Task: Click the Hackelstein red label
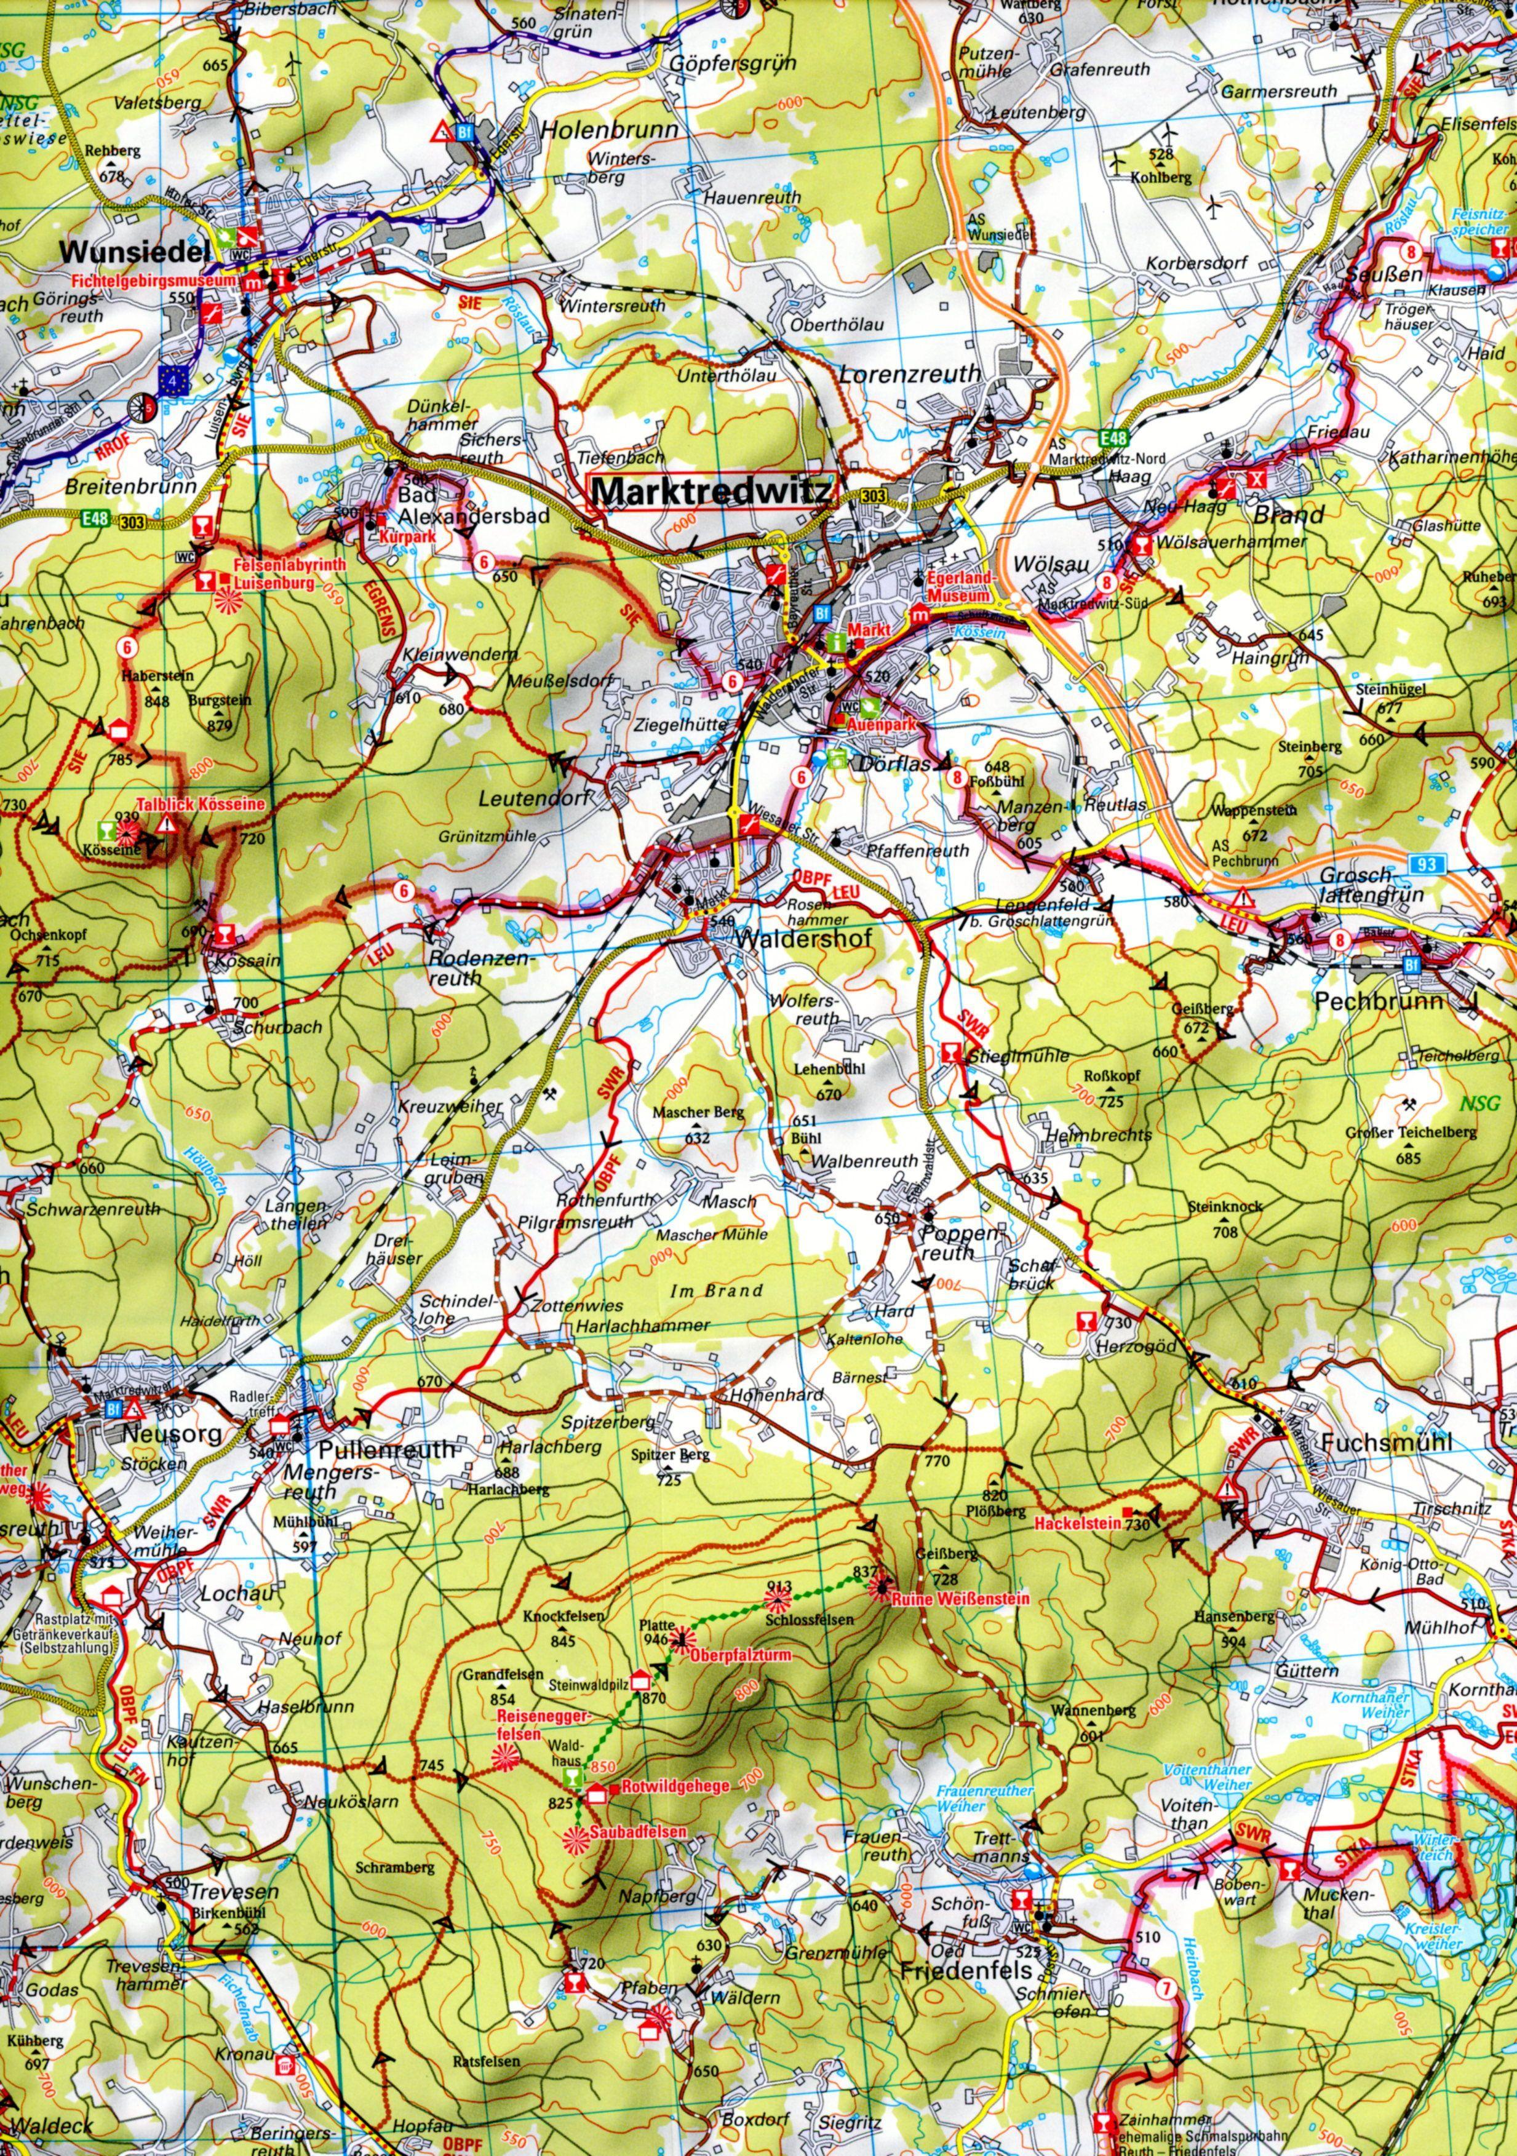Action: [x=1079, y=1523]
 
